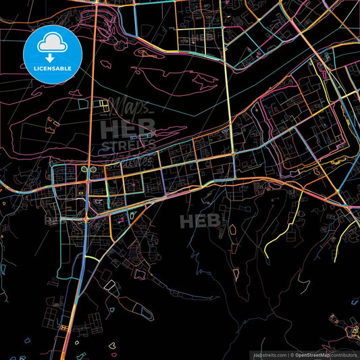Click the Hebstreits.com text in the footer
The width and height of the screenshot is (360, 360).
tap(269, 355)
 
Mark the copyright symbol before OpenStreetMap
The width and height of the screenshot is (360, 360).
tap(291, 355)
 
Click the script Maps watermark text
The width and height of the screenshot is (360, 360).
tap(132, 106)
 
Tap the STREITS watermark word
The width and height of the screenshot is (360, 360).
tap(128, 144)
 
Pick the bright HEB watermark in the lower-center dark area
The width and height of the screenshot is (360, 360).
tap(199, 220)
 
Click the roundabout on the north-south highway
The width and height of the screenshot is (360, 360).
tap(87, 218)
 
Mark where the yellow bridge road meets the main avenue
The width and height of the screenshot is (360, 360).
tap(233, 155)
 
